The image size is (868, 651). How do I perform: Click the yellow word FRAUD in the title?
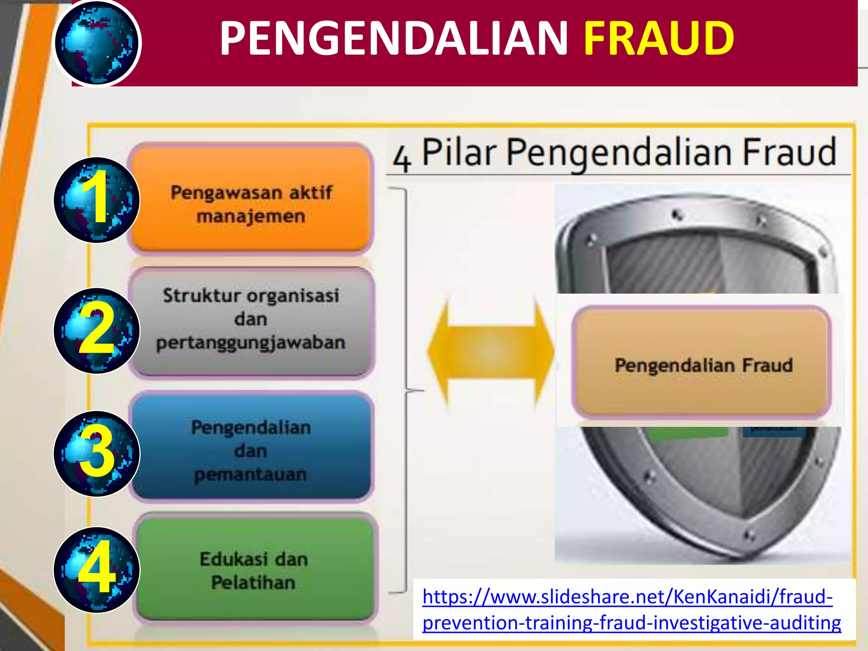pyautogui.click(x=659, y=39)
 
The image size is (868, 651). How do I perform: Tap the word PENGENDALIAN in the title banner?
pyautogui.click(x=393, y=39)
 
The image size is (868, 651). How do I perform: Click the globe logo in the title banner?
pyautogui.click(x=97, y=43)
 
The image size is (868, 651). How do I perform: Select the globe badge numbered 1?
pyautogui.click(x=97, y=200)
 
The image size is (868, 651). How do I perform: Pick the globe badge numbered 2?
pyautogui.click(x=97, y=331)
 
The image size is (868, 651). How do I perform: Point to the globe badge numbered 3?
pyautogui.click(x=97, y=453)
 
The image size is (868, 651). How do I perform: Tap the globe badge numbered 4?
pyautogui.click(x=97, y=570)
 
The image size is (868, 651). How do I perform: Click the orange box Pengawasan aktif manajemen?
pyautogui.click(x=251, y=199)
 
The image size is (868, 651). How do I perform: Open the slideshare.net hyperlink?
pyautogui.click(x=632, y=609)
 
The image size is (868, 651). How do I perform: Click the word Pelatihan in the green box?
pyautogui.click(x=253, y=582)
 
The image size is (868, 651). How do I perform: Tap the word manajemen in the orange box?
pyautogui.click(x=251, y=216)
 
